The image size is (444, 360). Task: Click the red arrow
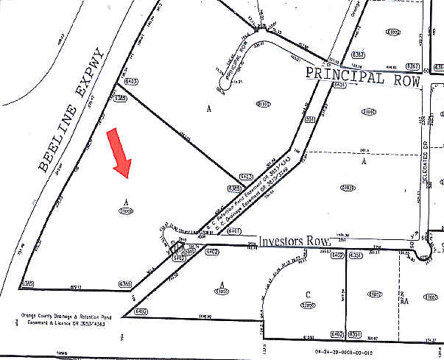click(120, 153)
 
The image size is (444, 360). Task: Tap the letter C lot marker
click(309, 295)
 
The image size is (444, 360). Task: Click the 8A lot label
click(404, 300)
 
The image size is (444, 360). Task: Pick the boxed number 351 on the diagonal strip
click(310, 119)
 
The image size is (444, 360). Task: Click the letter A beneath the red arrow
click(126, 201)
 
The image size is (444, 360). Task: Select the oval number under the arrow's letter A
click(126, 211)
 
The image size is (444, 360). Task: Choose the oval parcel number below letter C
click(309, 305)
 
